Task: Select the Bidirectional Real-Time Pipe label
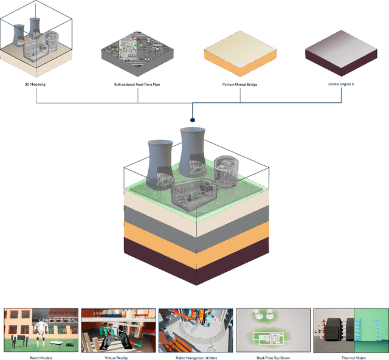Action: (138, 84)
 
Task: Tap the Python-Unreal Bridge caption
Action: (239, 84)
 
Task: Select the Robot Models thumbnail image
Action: (40, 330)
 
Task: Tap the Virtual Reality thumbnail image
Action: (117, 330)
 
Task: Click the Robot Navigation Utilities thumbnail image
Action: (194, 330)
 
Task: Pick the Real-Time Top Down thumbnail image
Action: (272, 330)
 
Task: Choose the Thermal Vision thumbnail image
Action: (349, 330)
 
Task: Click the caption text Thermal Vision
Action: (349, 358)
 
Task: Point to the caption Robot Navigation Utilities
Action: (194, 358)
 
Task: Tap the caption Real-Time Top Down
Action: (272, 358)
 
